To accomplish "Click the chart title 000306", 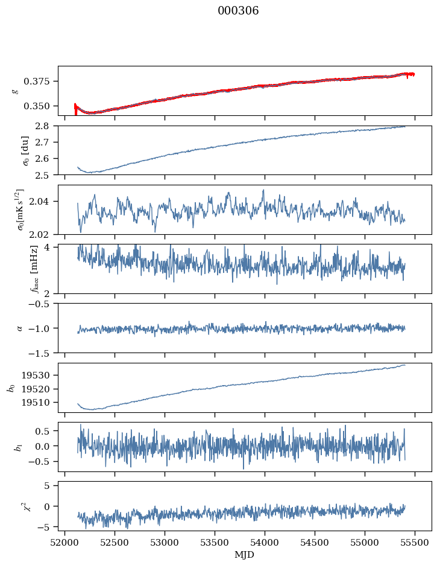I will [x=238, y=11].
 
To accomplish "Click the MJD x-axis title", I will [x=245, y=555].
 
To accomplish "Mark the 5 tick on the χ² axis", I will [x=51, y=485].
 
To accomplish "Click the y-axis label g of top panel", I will [x=15, y=91].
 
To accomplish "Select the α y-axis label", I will [x=19, y=328].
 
